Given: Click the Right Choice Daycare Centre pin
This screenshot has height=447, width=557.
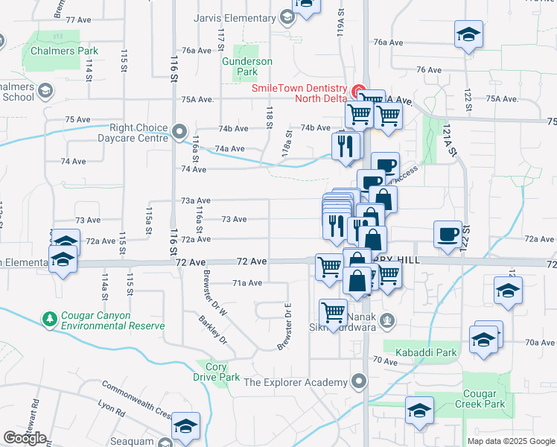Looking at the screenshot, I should [179, 133].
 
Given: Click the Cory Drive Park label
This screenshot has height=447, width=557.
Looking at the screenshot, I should [216, 372].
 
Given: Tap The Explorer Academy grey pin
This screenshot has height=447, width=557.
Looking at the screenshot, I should [360, 382].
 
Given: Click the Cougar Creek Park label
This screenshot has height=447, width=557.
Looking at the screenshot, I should [488, 399].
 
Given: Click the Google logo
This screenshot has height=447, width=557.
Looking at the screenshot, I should [25, 437].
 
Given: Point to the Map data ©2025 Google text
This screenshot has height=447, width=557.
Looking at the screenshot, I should [510, 441].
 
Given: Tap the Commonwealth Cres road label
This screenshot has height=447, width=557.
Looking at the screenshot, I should [136, 394].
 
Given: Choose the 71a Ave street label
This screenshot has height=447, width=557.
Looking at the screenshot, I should [246, 283].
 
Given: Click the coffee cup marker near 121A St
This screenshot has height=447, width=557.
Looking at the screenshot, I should [448, 233].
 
